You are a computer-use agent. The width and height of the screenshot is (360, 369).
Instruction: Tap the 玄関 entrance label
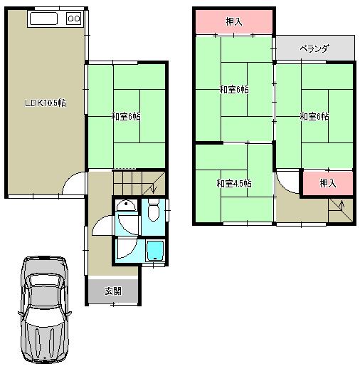click(x=112, y=291)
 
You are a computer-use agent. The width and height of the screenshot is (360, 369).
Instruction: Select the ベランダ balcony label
click(x=314, y=49)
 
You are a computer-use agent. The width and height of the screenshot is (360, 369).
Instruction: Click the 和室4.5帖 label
click(x=234, y=183)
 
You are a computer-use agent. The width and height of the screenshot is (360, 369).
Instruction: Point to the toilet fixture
click(x=153, y=211)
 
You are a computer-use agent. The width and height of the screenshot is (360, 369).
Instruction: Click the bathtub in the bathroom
click(x=154, y=251)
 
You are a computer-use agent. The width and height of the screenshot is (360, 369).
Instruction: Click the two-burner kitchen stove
click(x=74, y=20)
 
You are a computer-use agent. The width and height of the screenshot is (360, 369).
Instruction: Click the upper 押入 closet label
click(x=234, y=22)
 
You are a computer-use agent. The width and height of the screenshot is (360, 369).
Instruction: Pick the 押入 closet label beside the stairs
click(x=327, y=183)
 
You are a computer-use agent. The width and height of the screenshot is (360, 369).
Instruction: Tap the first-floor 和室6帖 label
click(x=125, y=116)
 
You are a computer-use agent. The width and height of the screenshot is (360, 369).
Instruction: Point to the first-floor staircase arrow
click(x=152, y=189)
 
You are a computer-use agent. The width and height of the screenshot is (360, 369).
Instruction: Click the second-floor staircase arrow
click(x=342, y=209)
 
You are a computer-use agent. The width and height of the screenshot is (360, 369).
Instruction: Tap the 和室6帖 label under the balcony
click(x=314, y=116)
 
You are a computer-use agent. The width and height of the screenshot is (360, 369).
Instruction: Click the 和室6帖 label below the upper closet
click(x=233, y=90)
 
